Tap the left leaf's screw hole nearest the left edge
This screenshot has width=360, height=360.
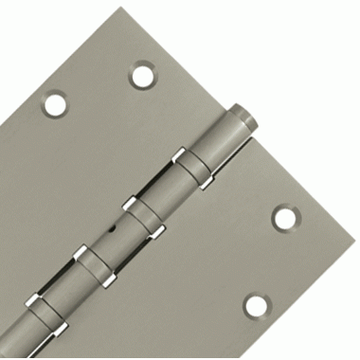55,102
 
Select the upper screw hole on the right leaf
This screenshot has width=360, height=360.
284,216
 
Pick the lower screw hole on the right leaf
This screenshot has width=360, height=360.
256,304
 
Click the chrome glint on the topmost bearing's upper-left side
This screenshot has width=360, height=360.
180,154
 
